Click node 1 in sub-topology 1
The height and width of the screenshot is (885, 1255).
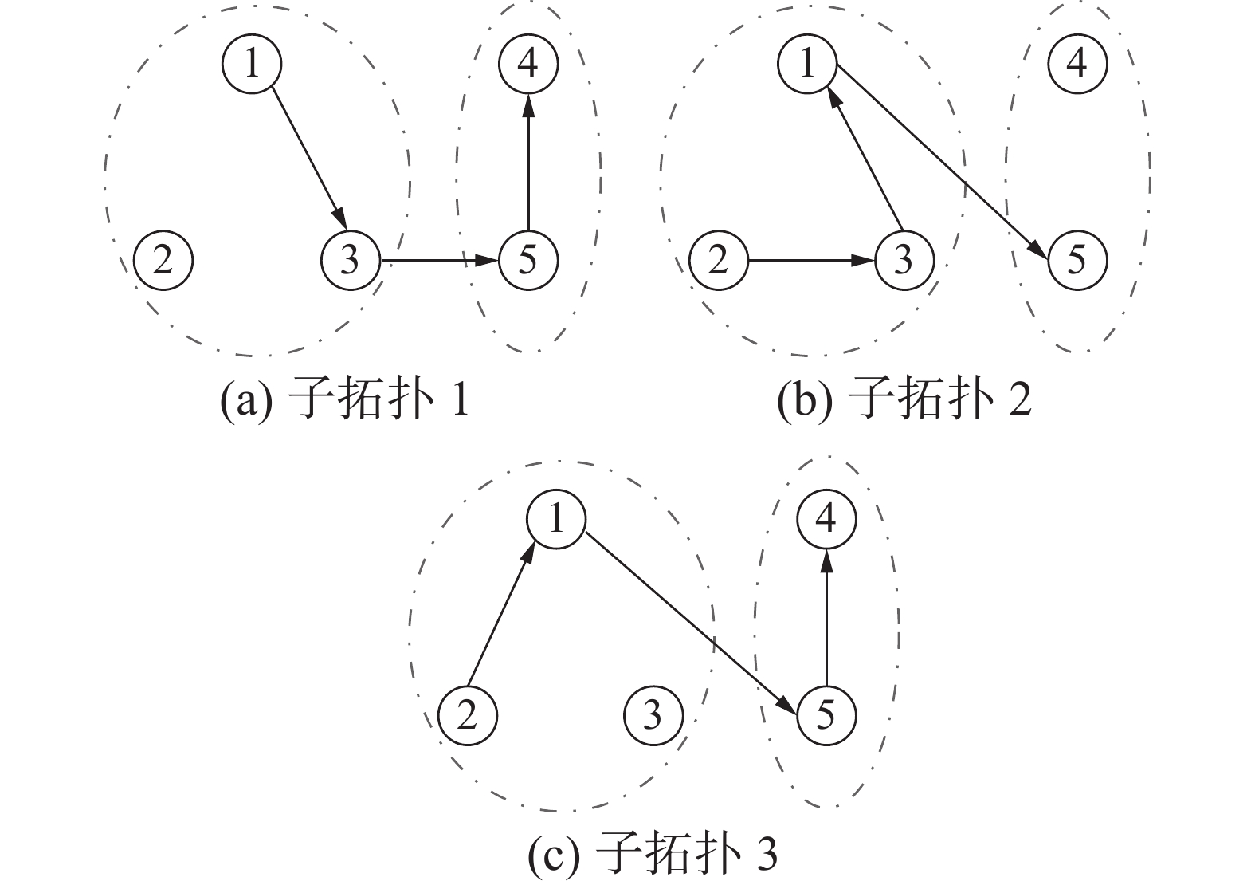[x=252, y=63]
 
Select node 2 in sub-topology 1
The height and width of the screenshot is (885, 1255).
[x=163, y=260]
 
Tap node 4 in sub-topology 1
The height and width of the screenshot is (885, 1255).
[x=527, y=63]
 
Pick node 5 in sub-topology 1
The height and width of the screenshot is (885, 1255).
[x=527, y=260]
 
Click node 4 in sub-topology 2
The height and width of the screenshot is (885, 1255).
[x=1077, y=63]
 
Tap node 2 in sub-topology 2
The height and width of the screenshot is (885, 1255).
[x=718, y=260]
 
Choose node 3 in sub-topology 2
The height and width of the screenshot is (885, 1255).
[x=904, y=260]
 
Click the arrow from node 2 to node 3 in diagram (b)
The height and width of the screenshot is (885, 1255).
[x=810, y=260]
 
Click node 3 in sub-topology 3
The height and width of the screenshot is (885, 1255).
[x=653, y=714]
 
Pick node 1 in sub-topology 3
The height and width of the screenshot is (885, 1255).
[x=556, y=520]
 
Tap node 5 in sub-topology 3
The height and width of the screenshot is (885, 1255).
[x=826, y=714]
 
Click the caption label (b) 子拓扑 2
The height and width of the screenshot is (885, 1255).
[x=904, y=400]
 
